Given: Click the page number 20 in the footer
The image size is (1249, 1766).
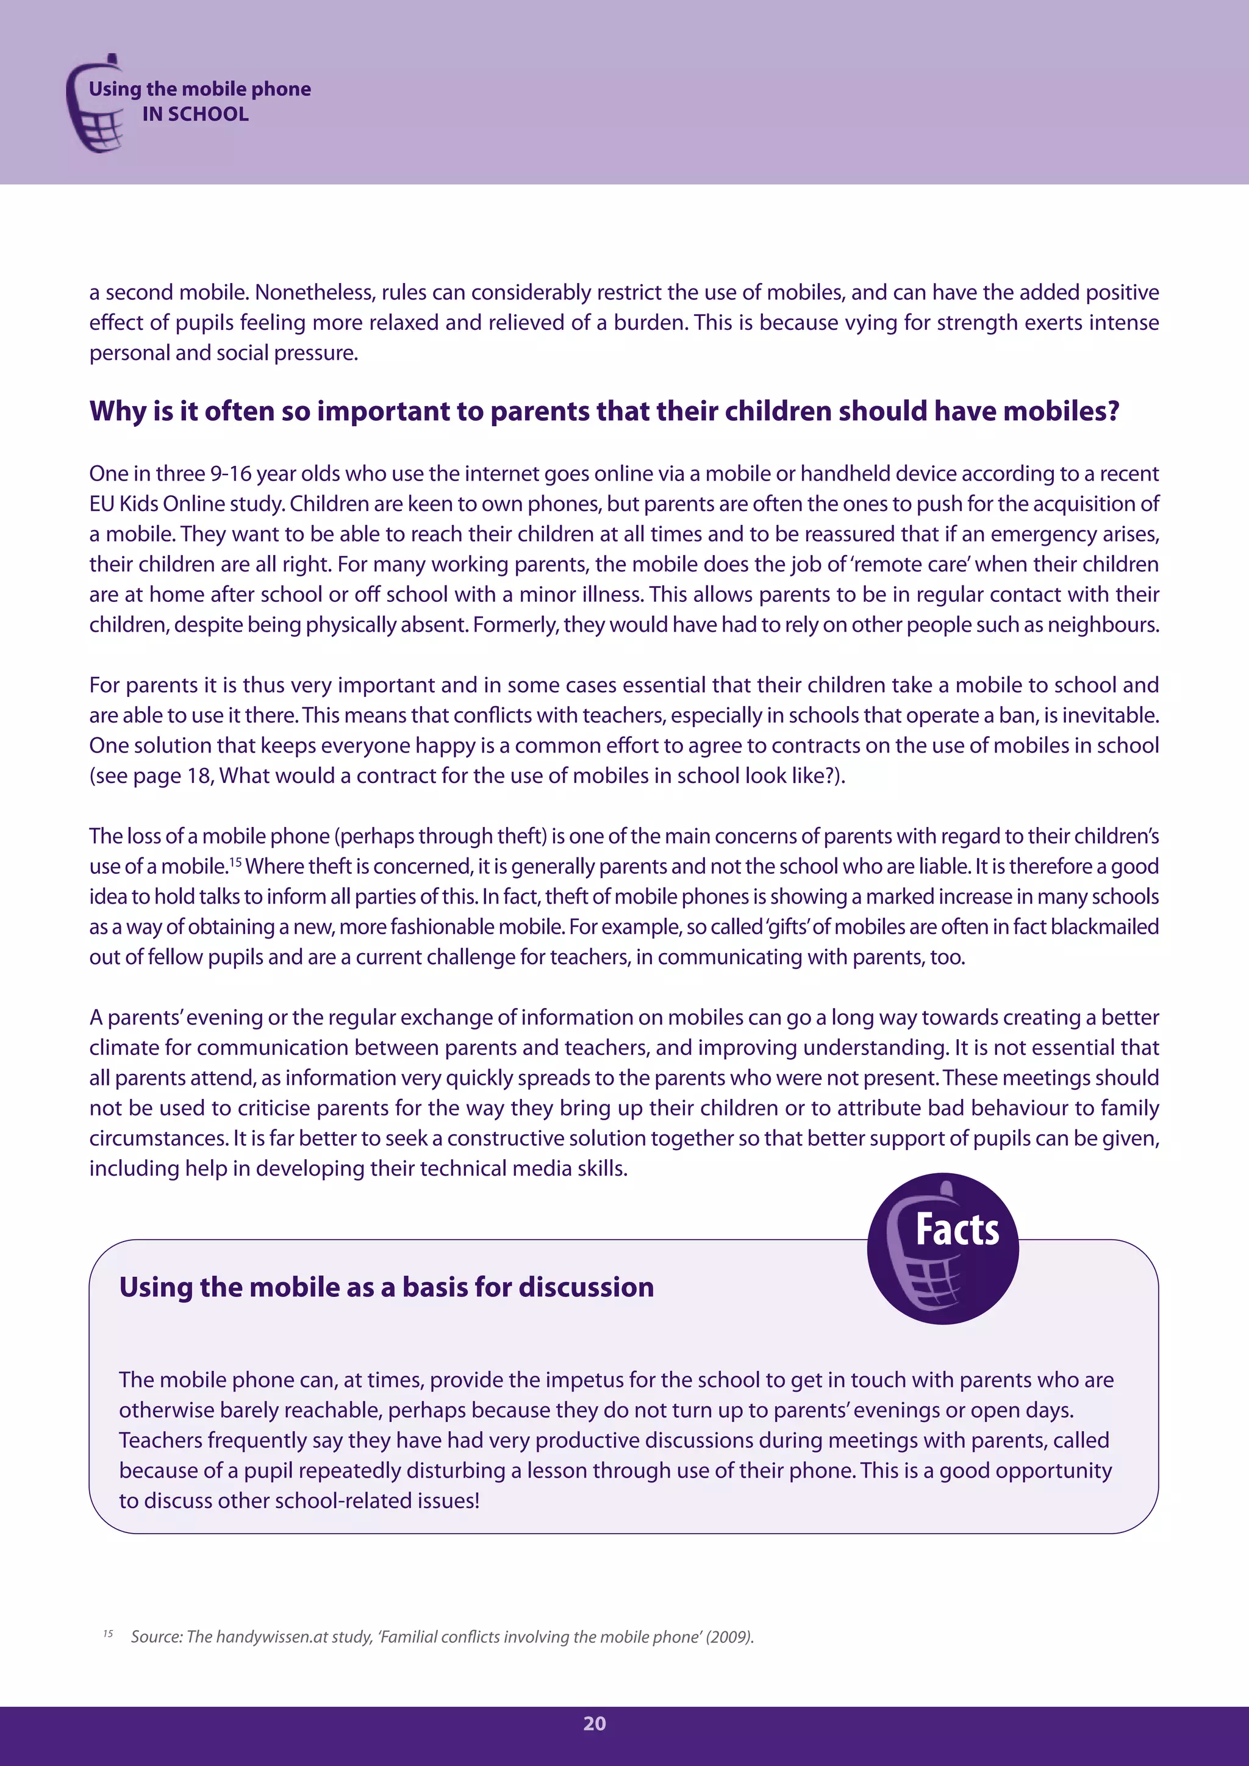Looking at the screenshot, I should [595, 1724].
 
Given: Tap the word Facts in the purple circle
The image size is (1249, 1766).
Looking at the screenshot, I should [957, 1230].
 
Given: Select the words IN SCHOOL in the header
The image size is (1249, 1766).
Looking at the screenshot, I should [195, 114].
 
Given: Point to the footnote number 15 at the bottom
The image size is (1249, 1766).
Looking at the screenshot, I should [108, 1634].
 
